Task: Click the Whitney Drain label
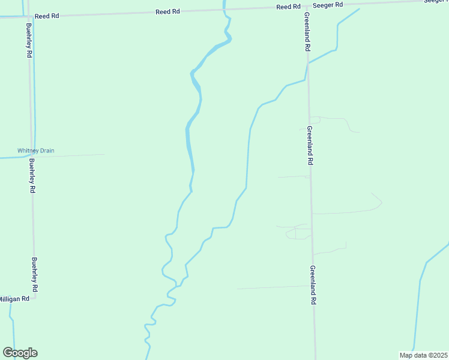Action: tap(35, 151)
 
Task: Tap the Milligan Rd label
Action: tap(14, 298)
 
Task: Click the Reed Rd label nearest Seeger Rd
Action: tap(288, 7)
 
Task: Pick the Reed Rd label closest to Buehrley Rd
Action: tap(47, 16)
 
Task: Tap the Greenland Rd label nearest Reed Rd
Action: tap(307, 31)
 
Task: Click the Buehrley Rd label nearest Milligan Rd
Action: tap(35, 275)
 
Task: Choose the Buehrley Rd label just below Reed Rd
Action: tap(29, 40)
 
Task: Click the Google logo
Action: tap(20, 353)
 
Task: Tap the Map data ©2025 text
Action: tap(424, 355)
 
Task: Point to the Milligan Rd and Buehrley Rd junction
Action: tap(35, 298)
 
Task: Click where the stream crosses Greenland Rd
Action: tap(308, 63)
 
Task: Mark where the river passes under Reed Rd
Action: tap(224, 10)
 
